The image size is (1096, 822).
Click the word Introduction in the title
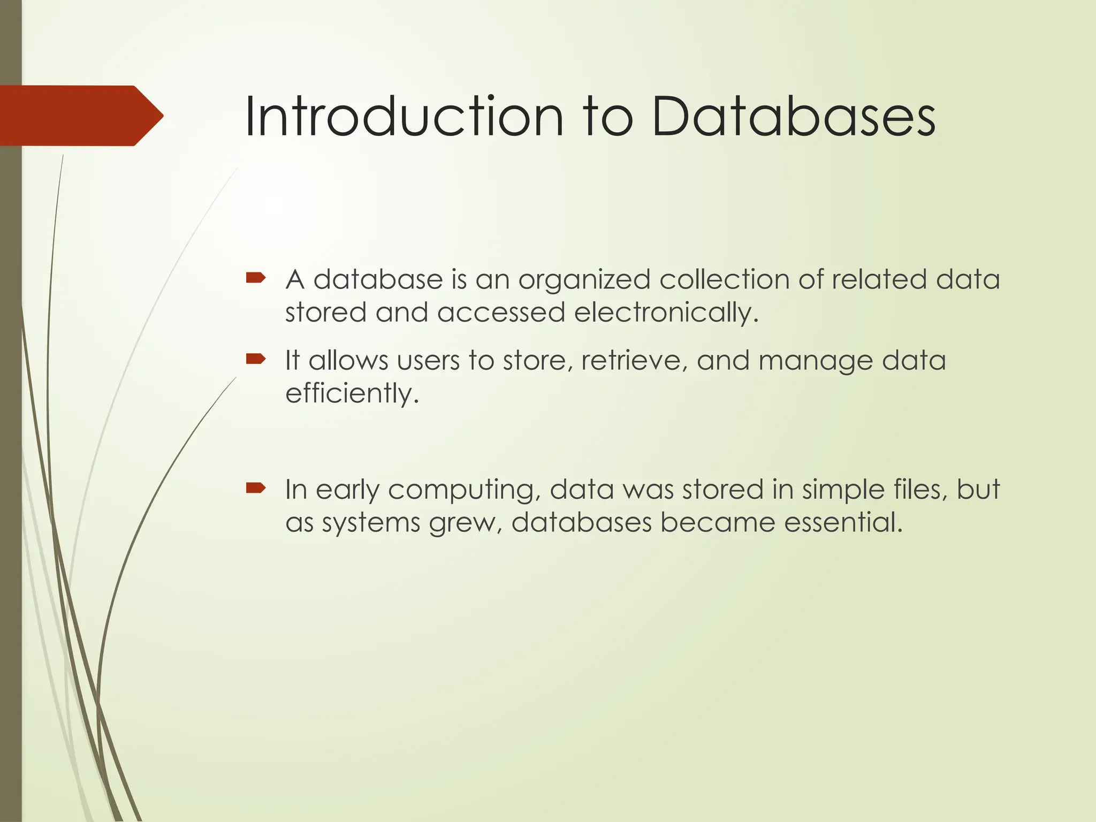404,117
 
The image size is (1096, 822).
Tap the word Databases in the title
794,117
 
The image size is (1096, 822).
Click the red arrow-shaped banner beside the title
80,116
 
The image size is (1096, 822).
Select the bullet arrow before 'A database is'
256,277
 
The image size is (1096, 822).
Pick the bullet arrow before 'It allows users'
256,359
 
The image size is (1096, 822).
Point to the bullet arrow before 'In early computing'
256,488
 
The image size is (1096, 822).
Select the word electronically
666,313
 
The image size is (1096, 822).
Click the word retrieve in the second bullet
634,361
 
